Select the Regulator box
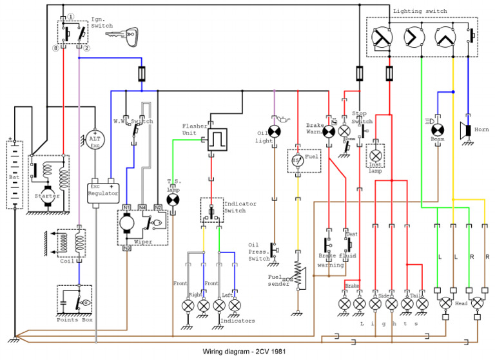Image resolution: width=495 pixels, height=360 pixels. pos(103,189)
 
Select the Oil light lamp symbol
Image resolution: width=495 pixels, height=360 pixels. pos(275,131)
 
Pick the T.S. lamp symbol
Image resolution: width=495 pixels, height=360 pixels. pos(173,200)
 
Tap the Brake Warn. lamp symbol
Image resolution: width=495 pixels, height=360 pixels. pos(329,131)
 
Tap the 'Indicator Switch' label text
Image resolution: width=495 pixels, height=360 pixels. pos(238,207)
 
